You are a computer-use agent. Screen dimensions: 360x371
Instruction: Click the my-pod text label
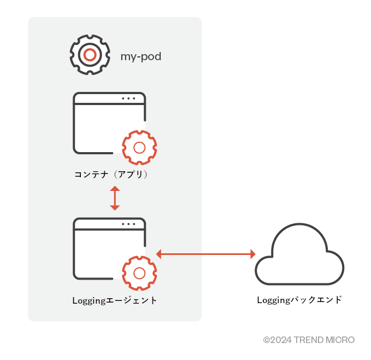pos(140,56)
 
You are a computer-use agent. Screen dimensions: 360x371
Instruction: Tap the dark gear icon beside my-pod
pos(90,55)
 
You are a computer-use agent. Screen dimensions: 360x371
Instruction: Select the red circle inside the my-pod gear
pos(90,55)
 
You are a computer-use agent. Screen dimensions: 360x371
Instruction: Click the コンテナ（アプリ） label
pos(112,175)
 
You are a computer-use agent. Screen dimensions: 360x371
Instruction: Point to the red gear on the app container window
pos(139,147)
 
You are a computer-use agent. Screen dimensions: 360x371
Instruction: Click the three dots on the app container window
pos(129,98)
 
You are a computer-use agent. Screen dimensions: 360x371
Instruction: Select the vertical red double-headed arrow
pos(114,198)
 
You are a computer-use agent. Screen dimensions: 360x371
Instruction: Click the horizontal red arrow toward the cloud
pos(206,254)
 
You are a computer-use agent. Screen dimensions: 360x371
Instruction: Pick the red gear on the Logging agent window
pos(139,272)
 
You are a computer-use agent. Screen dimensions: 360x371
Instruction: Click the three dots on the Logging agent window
pos(129,224)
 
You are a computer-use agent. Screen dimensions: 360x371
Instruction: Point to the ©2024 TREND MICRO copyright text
pos(309,340)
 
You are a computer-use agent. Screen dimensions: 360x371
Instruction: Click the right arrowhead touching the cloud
pos(253,254)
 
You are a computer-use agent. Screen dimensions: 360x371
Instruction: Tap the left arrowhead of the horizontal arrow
pos(159,254)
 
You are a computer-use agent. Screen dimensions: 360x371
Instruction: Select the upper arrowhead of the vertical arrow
pos(114,189)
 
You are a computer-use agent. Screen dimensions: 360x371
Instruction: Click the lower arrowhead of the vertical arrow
pos(114,207)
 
